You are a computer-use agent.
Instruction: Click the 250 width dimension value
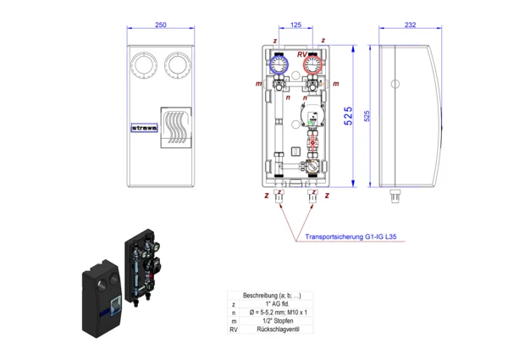tap(160, 26)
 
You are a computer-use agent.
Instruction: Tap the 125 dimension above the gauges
tap(295, 26)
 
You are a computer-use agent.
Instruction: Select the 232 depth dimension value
tap(410, 26)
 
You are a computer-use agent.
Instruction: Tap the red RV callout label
tap(301, 54)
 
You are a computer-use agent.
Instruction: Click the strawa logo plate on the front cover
tap(145, 130)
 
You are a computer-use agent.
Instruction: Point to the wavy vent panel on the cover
tap(179, 130)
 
